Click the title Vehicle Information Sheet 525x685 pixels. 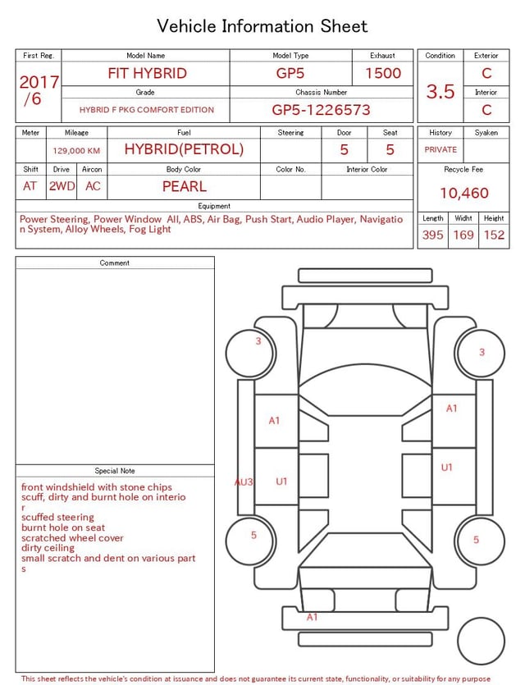point(262,26)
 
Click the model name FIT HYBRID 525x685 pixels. point(147,73)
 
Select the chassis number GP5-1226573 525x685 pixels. point(321,110)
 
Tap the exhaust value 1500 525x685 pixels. point(383,73)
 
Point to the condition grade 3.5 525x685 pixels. point(441,91)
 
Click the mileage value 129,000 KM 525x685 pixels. point(76,151)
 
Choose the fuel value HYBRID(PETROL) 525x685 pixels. point(184,149)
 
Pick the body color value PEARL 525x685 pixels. point(184,186)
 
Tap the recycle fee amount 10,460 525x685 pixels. point(463,194)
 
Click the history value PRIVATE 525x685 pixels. point(441,150)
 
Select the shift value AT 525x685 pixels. point(30,186)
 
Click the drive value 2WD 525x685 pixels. point(62,186)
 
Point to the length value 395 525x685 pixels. point(432,235)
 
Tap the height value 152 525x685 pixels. point(494,235)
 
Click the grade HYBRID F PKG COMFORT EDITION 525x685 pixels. point(147,110)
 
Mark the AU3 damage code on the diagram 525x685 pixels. point(244,482)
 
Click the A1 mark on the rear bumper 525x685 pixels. point(312,617)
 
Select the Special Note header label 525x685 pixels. point(115,471)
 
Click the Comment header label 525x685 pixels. point(115,263)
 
